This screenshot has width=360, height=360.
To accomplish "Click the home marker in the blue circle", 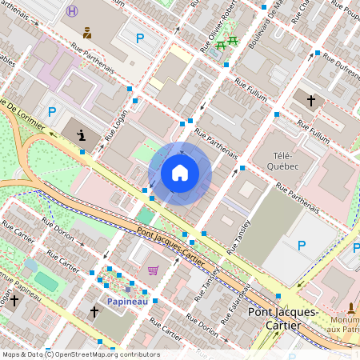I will point(180,173).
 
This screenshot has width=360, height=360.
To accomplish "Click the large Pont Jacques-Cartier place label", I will point(284,318).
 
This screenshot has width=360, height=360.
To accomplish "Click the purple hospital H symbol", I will point(73,11).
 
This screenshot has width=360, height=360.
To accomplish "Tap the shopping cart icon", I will point(153,270).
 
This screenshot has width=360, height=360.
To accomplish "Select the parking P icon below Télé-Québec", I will point(302,245).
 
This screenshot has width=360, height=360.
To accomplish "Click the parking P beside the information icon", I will point(53,111).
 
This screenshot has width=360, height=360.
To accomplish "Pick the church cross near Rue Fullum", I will point(310,101).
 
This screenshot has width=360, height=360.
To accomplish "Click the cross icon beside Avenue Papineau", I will point(14,301).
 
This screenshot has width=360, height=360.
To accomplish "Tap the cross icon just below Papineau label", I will point(94,311).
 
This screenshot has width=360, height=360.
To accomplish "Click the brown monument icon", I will point(351,308).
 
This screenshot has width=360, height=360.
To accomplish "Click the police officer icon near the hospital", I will point(87,33).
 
